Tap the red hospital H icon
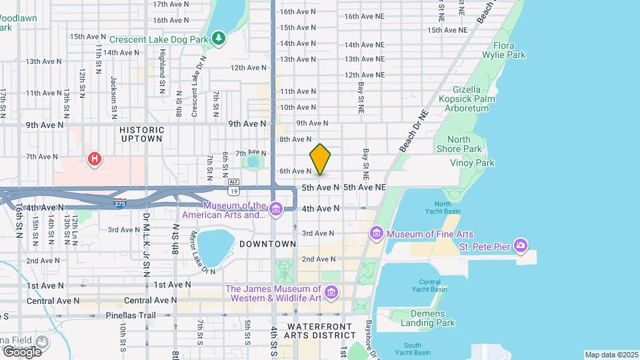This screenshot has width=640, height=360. pos(95,159)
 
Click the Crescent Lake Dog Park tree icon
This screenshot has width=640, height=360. pos(218,39)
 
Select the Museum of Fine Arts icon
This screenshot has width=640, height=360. pos(377,233)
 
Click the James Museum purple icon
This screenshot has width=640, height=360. pos(331,292)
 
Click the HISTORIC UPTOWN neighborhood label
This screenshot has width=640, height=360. pos(141,134)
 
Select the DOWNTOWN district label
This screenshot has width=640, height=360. pos(267,244)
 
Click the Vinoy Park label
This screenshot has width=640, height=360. pos(471,163)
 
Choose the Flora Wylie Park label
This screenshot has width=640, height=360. pos(509,50)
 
